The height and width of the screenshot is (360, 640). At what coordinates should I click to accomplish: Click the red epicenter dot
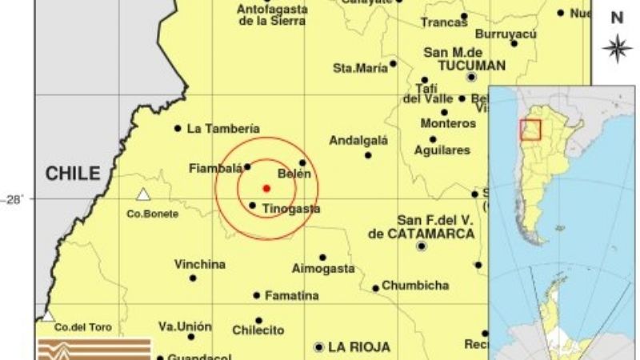click(266, 188)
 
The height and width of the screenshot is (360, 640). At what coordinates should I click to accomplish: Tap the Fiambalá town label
click(214, 168)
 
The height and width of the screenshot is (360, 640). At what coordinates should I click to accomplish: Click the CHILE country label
click(72, 173)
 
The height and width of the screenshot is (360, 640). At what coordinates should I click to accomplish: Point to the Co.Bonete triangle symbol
click(143, 194)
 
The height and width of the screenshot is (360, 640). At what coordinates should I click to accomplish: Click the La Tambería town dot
click(178, 128)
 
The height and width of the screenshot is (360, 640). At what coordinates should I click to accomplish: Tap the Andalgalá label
click(358, 141)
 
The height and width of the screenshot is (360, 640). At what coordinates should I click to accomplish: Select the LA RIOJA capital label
click(359, 347)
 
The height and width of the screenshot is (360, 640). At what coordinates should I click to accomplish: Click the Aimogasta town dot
click(322, 258)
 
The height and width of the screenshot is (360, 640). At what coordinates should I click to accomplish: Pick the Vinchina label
click(200, 264)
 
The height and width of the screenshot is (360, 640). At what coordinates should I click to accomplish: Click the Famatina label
click(291, 295)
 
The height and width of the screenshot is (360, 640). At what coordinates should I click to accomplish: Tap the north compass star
click(617, 48)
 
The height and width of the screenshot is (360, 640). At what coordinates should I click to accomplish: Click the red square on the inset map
click(530, 129)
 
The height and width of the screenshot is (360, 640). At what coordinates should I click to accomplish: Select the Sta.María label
click(360, 68)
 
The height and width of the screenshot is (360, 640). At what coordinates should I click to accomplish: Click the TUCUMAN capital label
click(464, 65)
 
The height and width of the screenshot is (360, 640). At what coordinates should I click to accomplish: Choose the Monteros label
click(448, 124)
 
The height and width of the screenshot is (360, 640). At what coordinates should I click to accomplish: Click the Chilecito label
click(258, 330)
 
